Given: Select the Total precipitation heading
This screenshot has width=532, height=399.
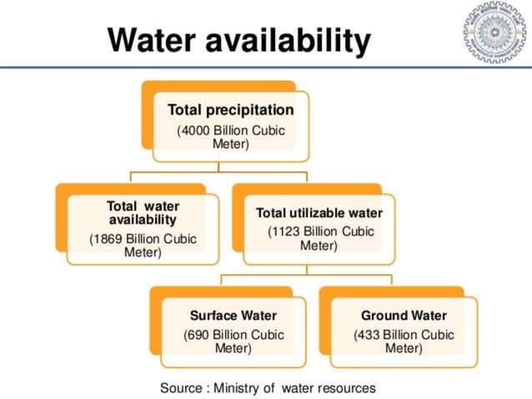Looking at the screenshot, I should point(230,109).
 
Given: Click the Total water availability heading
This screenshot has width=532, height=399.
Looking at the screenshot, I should point(143,213).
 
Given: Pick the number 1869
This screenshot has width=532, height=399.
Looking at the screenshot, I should point(108,239).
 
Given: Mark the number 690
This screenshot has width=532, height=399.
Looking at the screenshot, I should point(198,335).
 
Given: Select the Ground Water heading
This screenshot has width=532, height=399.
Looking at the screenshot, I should point(404,316).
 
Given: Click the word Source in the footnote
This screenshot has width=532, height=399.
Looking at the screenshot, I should point(181,387).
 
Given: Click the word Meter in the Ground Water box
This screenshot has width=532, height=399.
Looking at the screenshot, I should point(404,348).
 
